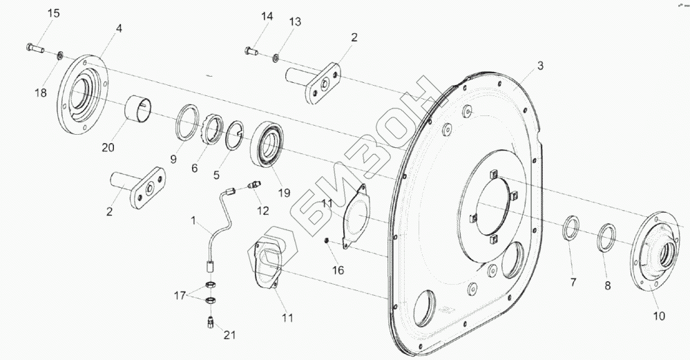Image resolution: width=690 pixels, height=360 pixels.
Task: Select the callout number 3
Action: coord(540,66)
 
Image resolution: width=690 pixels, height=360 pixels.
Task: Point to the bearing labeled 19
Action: coord(269,143)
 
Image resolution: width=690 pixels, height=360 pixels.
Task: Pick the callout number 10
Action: coord(658,316)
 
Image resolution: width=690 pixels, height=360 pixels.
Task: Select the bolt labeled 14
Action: coord(250,50)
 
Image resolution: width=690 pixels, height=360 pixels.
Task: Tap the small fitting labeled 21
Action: coord(209,321)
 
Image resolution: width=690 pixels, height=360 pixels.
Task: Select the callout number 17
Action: coord(179,295)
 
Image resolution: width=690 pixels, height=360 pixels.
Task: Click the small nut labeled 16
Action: coord(327,240)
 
